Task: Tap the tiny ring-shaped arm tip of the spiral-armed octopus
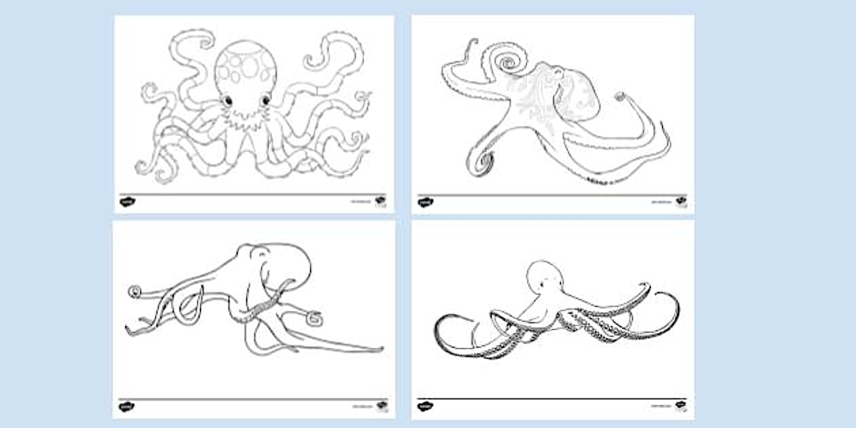tap(620, 96)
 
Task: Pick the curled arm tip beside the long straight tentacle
tap(313, 316)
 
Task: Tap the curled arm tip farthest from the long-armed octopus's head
tap(134, 292)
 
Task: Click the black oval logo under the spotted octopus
tap(126, 202)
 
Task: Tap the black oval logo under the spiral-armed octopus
tap(425, 202)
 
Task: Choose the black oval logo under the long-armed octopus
tap(126, 406)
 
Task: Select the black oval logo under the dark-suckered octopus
tap(425, 406)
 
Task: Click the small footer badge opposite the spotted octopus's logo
tap(380, 200)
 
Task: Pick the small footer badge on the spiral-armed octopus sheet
tap(681, 200)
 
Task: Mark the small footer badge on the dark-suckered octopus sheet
tap(681, 406)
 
